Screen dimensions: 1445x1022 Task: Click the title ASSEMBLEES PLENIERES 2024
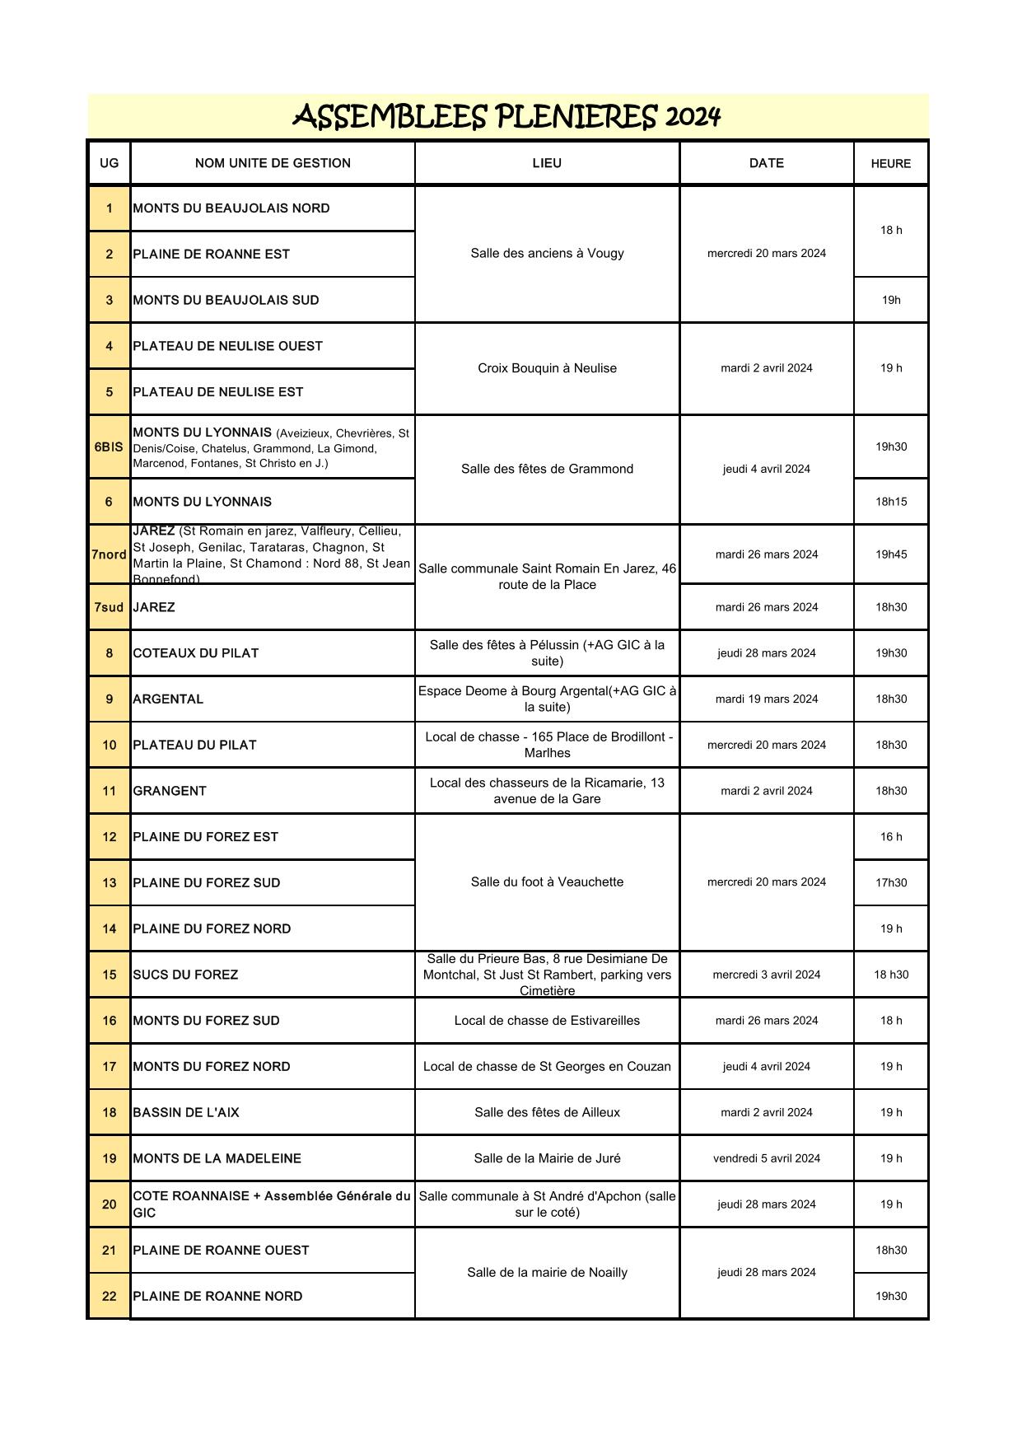(x=506, y=117)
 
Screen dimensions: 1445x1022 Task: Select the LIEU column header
(x=547, y=163)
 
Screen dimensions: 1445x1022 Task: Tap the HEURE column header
(x=890, y=164)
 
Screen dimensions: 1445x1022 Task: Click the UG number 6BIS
(x=109, y=447)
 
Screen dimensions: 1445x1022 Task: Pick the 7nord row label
(x=109, y=554)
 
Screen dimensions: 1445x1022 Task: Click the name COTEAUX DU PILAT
(x=195, y=653)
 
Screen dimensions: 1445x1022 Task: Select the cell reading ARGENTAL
(x=168, y=699)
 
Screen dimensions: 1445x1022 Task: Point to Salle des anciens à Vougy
(x=547, y=254)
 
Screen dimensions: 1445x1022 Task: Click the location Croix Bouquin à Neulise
(x=547, y=368)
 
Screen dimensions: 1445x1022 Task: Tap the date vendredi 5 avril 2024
(x=766, y=1158)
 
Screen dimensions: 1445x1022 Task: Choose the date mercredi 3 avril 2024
(x=766, y=975)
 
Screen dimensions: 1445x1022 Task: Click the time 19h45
(x=890, y=554)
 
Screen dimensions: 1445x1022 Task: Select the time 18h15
(x=890, y=502)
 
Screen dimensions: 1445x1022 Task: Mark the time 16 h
(x=890, y=837)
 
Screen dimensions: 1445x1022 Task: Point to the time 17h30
(x=890, y=883)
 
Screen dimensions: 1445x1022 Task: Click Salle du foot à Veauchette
(x=547, y=882)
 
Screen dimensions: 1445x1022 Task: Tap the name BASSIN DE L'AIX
(x=186, y=1112)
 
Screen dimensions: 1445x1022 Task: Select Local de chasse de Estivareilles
(x=547, y=1021)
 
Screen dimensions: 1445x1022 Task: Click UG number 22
(x=109, y=1296)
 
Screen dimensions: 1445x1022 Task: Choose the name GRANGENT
(x=170, y=791)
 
